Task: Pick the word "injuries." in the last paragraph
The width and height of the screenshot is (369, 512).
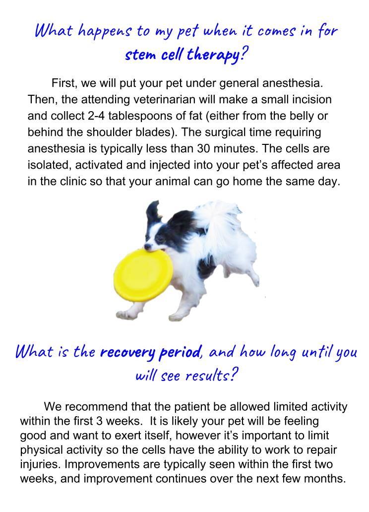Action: pyautogui.click(x=39, y=465)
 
